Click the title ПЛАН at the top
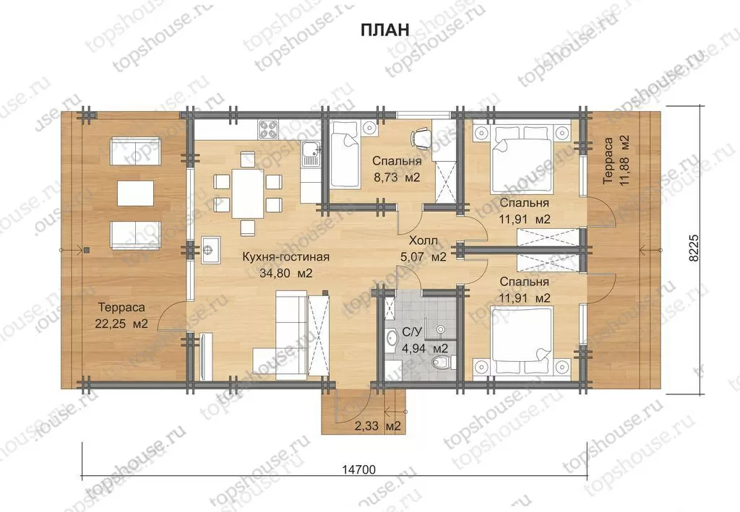tap(384, 29)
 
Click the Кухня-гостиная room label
tap(285, 257)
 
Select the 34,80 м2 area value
tap(286, 273)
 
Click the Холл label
tap(423, 240)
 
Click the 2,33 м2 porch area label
tap(377, 426)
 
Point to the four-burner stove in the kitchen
tap(268, 129)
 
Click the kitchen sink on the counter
tap(311, 154)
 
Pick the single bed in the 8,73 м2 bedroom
tap(345, 154)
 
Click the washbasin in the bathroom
tap(391, 338)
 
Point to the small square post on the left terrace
tap(87, 251)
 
